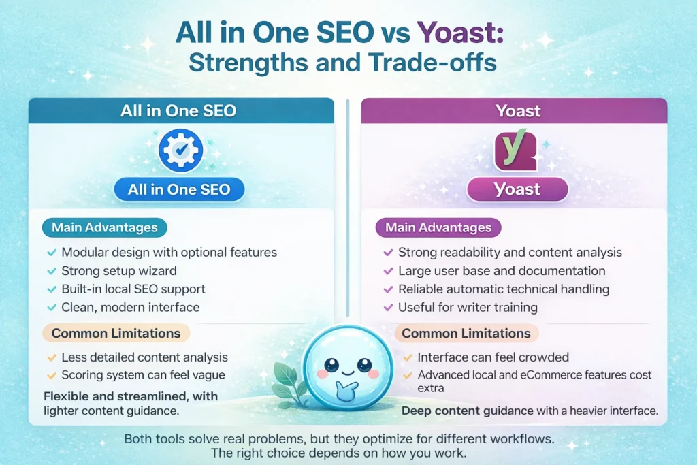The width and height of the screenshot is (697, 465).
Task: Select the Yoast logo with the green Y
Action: [x=515, y=149]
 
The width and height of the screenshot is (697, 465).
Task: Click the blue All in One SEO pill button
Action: [x=179, y=189]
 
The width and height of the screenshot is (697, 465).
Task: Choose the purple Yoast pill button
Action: [x=517, y=189]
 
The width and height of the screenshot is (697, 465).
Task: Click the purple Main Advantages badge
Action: [x=438, y=227]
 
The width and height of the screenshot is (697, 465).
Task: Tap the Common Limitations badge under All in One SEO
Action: [x=116, y=333]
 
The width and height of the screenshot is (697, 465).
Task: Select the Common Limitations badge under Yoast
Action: [x=466, y=333]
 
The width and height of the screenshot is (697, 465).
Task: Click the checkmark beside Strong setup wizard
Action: [x=50, y=270]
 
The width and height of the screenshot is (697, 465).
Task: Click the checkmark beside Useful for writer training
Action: [x=388, y=308]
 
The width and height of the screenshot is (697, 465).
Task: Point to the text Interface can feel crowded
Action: [x=493, y=357]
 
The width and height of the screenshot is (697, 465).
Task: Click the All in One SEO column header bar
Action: [x=181, y=110]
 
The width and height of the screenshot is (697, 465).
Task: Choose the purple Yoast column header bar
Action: [x=514, y=110]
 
